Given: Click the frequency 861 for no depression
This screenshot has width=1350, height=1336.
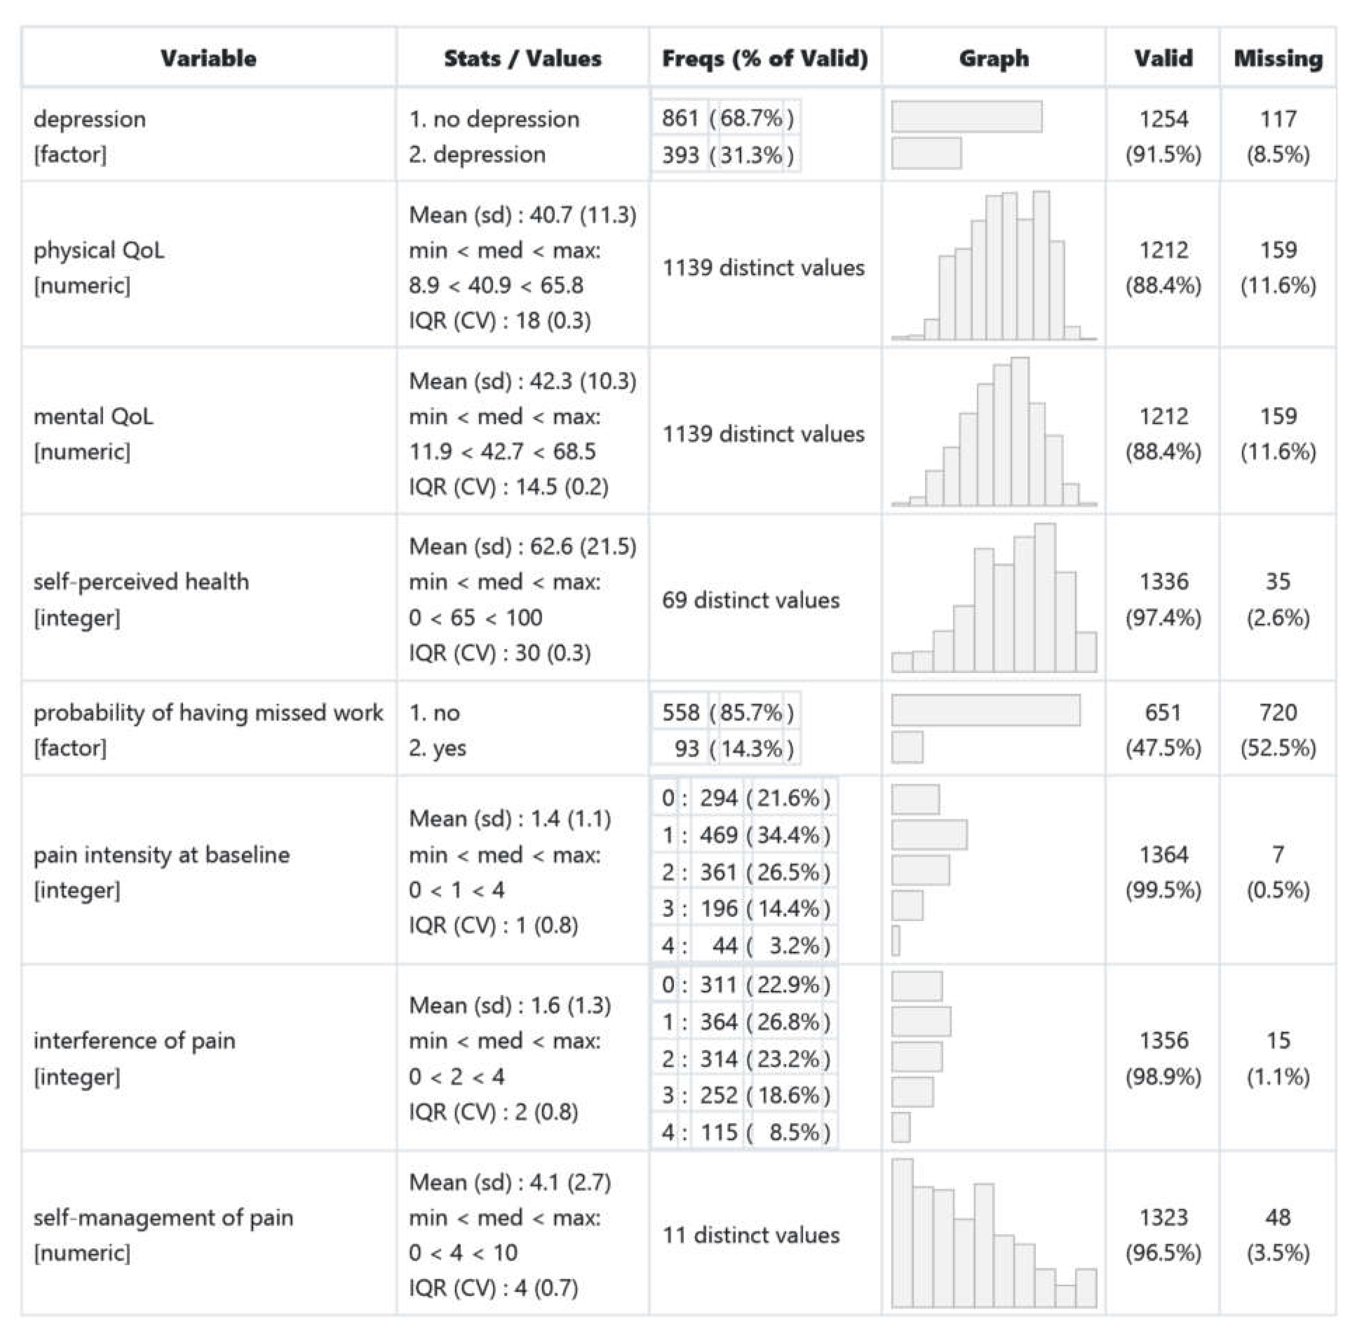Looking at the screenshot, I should pyautogui.click(x=680, y=118).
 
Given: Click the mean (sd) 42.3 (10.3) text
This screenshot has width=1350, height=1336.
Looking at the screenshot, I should pyautogui.click(x=523, y=381).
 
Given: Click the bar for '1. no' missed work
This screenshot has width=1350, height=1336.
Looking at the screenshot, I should pyautogui.click(x=985, y=711).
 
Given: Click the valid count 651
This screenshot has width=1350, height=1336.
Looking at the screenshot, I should pyautogui.click(x=1163, y=712).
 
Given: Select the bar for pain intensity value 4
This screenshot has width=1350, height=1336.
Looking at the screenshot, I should pyautogui.click(x=896, y=941).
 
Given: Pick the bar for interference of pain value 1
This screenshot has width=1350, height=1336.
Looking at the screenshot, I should pyautogui.click(x=921, y=1022).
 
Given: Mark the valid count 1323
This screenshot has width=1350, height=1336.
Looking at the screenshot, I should pyautogui.click(x=1163, y=1217).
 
